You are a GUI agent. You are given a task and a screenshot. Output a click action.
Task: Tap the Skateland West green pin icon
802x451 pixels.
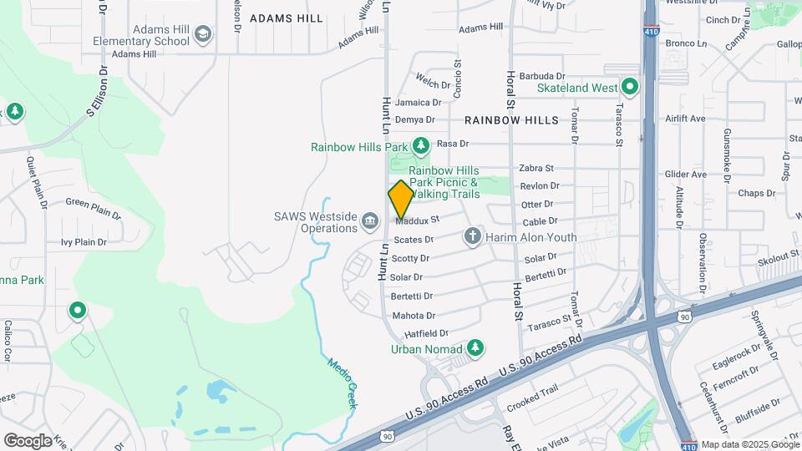point(629,87)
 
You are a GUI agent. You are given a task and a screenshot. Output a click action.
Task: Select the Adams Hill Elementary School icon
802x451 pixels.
point(202,34)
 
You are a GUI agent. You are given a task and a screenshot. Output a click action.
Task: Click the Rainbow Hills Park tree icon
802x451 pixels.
point(420,146)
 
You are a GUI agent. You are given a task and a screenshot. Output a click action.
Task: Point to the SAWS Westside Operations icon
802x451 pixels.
point(369,220)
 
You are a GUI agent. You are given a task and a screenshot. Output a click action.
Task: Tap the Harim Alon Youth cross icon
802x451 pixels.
point(473,236)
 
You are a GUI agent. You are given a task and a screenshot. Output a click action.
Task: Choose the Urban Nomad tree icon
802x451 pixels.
point(475,347)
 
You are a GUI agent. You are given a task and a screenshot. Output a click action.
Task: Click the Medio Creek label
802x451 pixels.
point(343,383)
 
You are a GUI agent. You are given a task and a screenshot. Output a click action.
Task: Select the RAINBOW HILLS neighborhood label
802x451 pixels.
point(511,120)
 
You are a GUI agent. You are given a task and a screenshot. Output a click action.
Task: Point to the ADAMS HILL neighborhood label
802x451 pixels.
point(286,18)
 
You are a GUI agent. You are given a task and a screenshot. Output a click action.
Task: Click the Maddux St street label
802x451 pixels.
point(418,220)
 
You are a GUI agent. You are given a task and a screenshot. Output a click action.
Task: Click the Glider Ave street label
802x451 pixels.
point(686,175)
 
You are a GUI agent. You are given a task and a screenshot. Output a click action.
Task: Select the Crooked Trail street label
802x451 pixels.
point(531,403)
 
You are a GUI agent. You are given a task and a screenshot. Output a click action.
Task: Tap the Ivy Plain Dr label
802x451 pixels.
point(84,242)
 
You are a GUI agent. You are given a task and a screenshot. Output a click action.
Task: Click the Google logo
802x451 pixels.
point(28,441)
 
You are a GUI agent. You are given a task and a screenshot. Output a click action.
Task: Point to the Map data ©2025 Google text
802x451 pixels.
point(749,445)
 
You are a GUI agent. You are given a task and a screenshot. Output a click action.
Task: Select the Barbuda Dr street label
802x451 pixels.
point(542,76)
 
